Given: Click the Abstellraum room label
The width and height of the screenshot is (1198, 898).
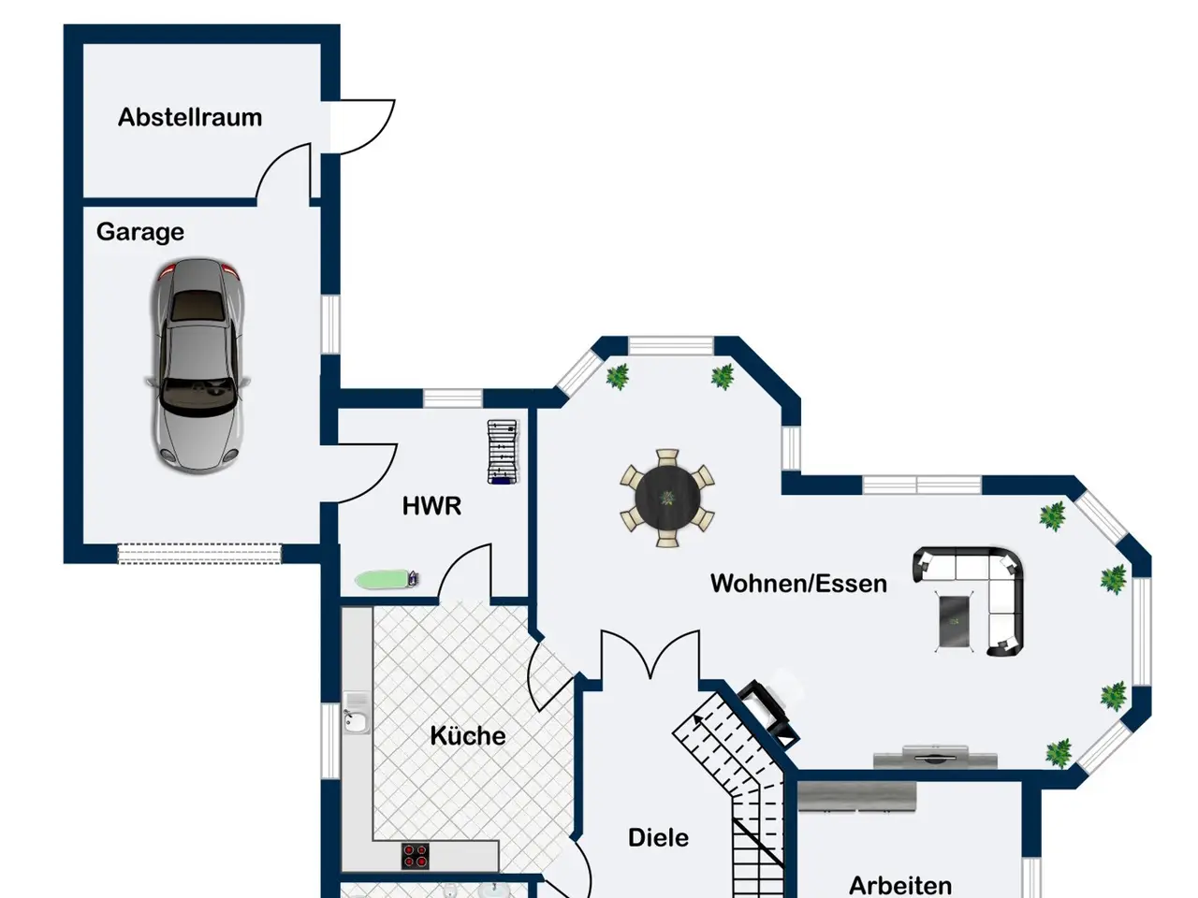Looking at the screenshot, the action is pos(190,117).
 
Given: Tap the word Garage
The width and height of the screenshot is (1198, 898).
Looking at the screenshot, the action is pos(140,232).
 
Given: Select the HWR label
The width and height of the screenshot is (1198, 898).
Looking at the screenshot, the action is pos(431,506).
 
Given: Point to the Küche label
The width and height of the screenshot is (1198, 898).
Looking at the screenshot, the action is pos(468,735).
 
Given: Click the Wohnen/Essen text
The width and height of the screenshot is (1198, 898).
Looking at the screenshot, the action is pos(798,584).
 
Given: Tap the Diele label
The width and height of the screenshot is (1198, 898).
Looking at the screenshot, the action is pos(658,837).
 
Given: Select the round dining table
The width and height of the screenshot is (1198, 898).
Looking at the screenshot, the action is pos(667,498).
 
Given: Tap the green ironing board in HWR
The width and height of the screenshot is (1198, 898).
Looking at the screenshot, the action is pos(387,579).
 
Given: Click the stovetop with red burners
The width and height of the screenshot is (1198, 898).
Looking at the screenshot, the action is pos(416,856).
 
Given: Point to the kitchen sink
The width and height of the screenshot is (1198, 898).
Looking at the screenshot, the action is pos(356,716).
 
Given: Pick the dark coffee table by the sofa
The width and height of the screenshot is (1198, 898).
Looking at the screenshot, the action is pos(955,620).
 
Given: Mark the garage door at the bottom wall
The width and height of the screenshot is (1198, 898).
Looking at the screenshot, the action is pos(199,554).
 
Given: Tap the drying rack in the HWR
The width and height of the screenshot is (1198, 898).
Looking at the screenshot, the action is pos(503,452).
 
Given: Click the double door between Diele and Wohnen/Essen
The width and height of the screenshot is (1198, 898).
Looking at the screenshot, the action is pos(650,656).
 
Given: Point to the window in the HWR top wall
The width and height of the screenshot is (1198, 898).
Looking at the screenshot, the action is pos(453,398).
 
